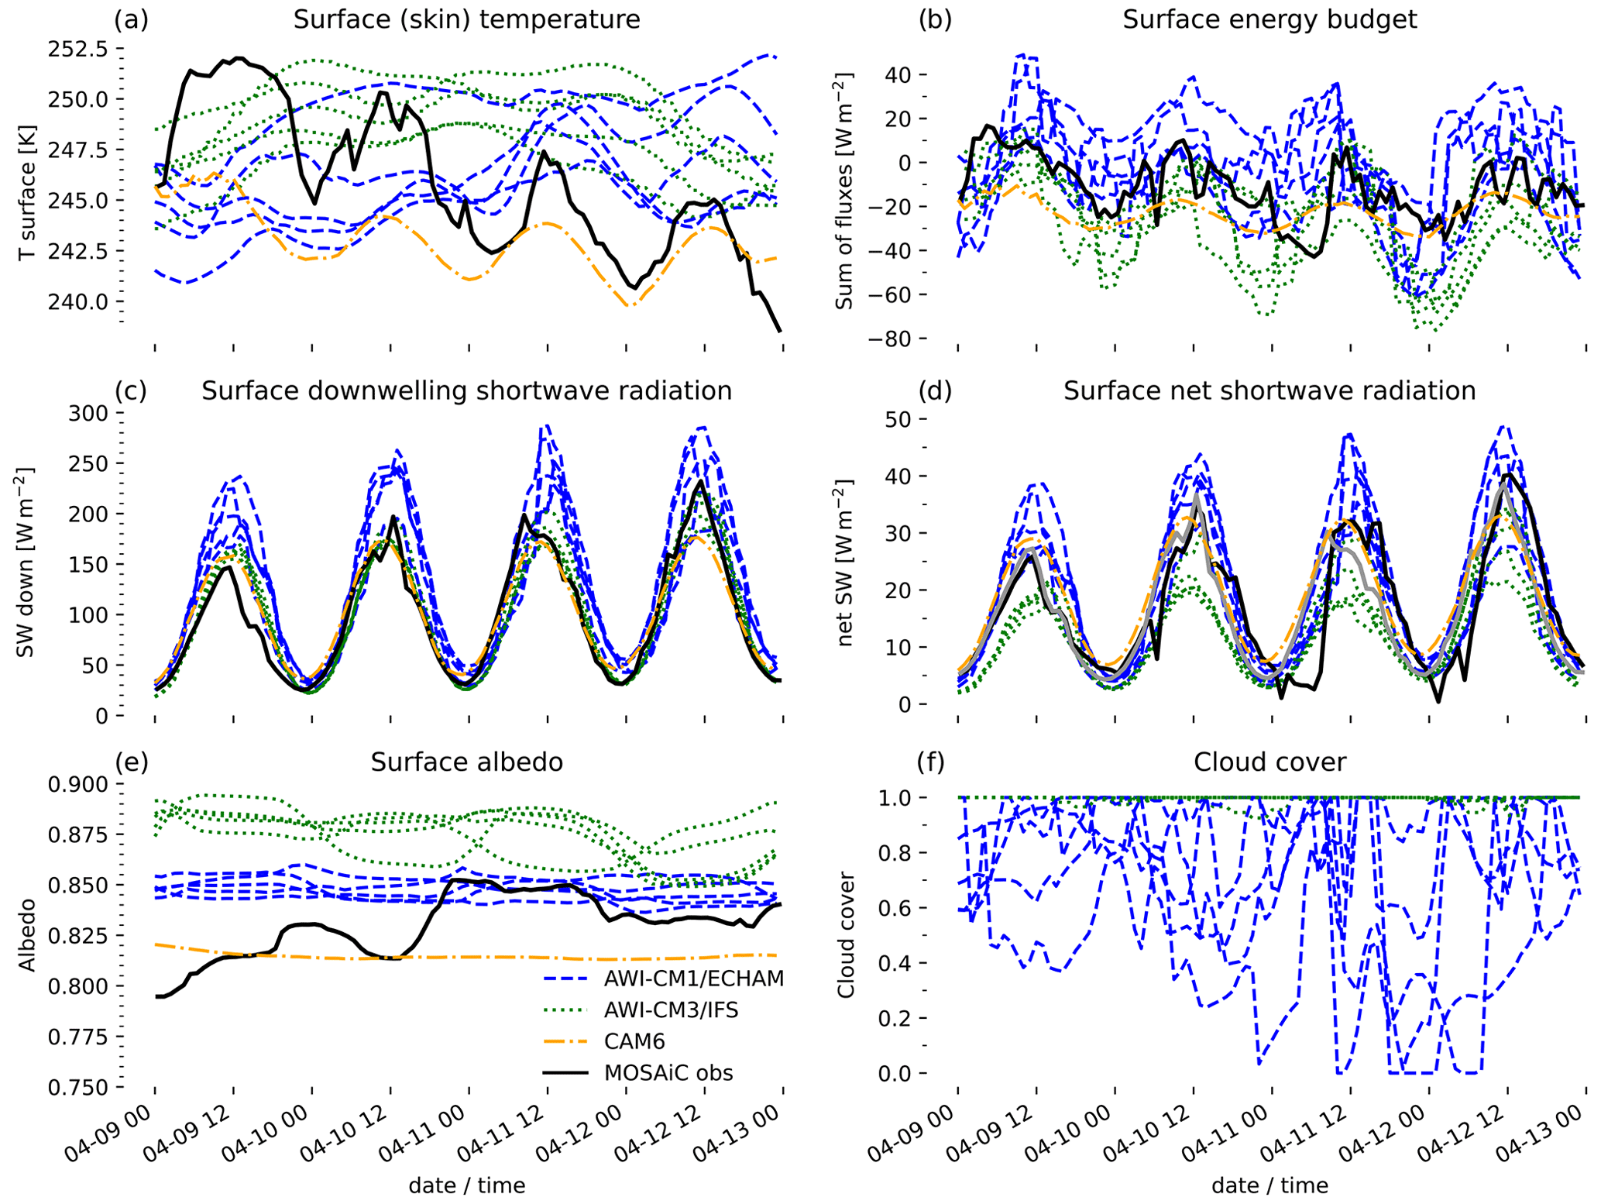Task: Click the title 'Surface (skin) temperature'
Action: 466,19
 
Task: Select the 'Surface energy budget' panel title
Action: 1269,19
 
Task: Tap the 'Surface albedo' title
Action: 466,762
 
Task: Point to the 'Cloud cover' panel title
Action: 1269,762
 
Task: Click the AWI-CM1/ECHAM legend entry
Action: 693,979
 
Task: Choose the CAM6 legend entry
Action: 634,1041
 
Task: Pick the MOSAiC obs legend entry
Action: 668,1073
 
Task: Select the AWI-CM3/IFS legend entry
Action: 671,1010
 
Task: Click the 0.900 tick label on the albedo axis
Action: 81,785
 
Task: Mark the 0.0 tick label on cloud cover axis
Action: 899,1074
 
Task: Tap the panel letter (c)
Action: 130,391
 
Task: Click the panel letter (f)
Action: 931,762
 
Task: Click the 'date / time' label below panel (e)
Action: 466,1185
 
